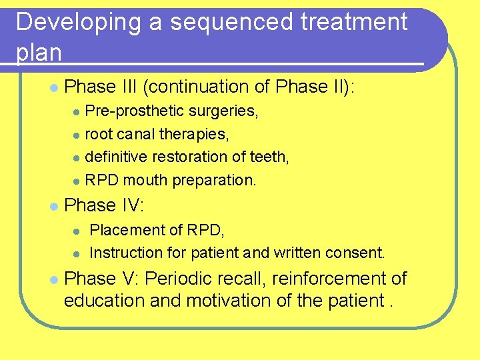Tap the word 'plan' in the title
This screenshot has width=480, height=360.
pyautogui.click(x=39, y=52)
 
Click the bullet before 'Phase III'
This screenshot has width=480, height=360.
pyautogui.click(x=52, y=88)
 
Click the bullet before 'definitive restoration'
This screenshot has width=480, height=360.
pyautogui.click(x=77, y=158)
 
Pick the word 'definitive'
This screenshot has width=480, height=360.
pyautogui.click(x=117, y=157)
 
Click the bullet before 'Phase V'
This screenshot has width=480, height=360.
pyautogui.click(x=52, y=280)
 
